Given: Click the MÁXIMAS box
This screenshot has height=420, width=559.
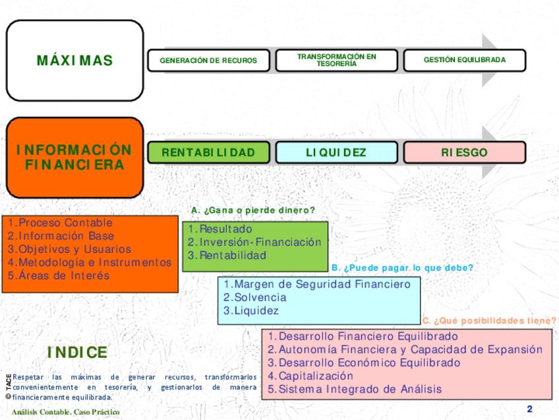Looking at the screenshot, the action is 74,61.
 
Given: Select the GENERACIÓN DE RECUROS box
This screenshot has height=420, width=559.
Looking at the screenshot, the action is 208,60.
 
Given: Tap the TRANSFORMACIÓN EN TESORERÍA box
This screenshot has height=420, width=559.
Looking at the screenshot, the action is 336,60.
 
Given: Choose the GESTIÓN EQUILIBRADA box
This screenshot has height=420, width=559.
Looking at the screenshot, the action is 464,60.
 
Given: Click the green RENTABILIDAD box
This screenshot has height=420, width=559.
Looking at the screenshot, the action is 208,153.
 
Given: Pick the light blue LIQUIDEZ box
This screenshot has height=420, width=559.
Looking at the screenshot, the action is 336,153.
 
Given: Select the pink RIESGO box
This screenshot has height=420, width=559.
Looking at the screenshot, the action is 464,153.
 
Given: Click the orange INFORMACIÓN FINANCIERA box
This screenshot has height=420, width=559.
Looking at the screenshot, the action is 74,157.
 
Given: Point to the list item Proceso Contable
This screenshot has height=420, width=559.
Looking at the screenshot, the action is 60,223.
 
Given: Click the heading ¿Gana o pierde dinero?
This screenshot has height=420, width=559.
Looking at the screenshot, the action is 253,210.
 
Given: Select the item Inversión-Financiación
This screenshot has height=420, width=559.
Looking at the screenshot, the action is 254,242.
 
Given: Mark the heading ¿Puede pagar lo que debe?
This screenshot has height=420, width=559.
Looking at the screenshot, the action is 402,268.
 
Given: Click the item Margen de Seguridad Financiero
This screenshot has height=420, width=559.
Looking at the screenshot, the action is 316,284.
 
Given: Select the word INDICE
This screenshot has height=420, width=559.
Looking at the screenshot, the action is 77,353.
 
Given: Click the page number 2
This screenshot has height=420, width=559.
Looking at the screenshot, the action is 529,409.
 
